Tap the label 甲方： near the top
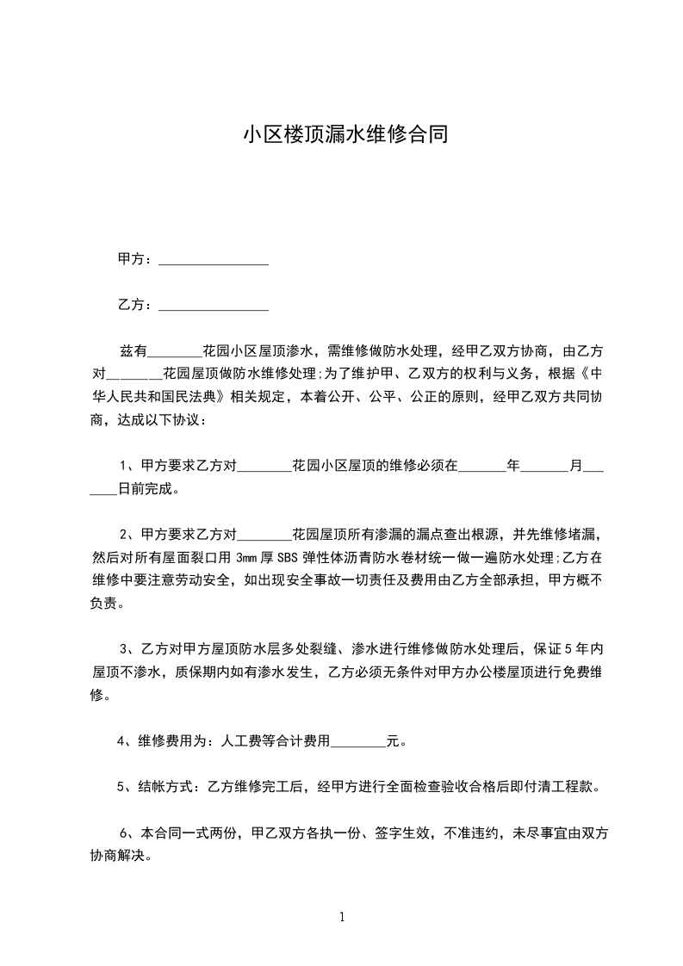[135, 259]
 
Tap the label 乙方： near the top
[135, 305]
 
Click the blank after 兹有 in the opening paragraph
[175, 352]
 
